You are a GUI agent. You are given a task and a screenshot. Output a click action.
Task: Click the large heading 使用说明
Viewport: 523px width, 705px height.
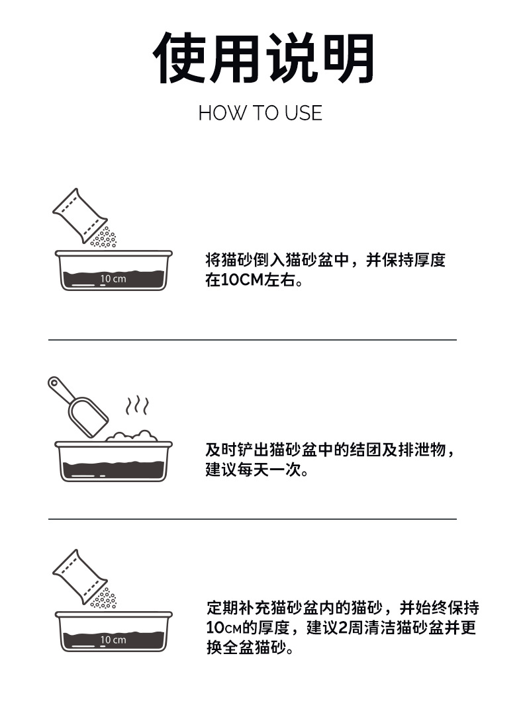tap(264, 58)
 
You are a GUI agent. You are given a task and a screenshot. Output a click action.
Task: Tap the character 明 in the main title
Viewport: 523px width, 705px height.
tap(349, 58)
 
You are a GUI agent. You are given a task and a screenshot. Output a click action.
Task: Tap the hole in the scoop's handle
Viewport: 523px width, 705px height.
tap(54, 384)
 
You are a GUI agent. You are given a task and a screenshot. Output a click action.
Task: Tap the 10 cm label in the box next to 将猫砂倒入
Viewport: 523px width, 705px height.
tap(113, 279)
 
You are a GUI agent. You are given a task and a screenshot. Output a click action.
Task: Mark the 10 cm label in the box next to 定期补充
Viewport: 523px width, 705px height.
tap(113, 640)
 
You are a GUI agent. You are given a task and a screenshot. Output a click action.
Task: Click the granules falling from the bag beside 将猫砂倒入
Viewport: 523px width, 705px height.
tap(104, 237)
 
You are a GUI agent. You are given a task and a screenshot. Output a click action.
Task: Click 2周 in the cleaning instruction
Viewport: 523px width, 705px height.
tap(352, 627)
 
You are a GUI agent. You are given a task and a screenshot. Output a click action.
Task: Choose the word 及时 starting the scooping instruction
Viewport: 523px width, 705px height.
tap(220, 450)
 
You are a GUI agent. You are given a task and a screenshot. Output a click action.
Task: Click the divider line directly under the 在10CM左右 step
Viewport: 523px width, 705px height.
tap(252, 340)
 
